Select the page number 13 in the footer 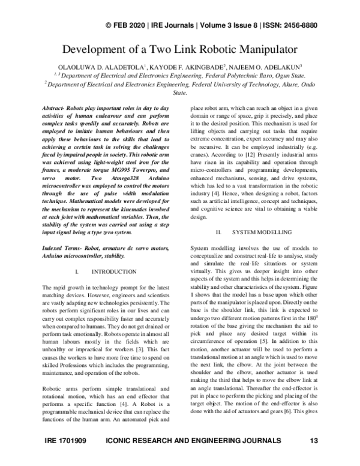pyautogui.click(x=313, y=457)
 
